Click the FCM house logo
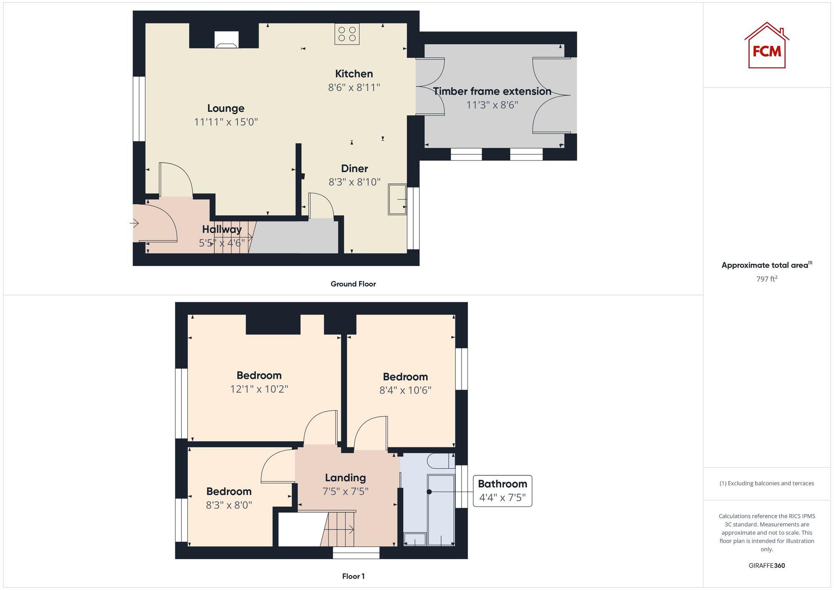(x=766, y=46)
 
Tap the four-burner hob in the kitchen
(x=347, y=34)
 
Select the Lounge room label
(x=226, y=108)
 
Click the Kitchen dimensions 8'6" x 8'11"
(x=354, y=88)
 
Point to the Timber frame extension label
(x=492, y=91)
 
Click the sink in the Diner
(x=397, y=199)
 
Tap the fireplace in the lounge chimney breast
(x=226, y=40)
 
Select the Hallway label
(x=222, y=229)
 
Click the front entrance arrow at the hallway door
(x=134, y=224)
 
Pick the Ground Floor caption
(x=353, y=284)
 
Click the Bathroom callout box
(x=502, y=491)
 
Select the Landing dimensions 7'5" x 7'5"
(x=345, y=492)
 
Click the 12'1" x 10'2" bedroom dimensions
(x=259, y=389)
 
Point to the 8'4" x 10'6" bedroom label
(x=405, y=377)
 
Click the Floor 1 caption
(x=353, y=576)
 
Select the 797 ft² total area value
(x=766, y=279)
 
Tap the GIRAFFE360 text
(x=766, y=565)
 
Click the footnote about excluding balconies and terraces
(x=766, y=483)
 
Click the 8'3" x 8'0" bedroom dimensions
(x=229, y=505)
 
